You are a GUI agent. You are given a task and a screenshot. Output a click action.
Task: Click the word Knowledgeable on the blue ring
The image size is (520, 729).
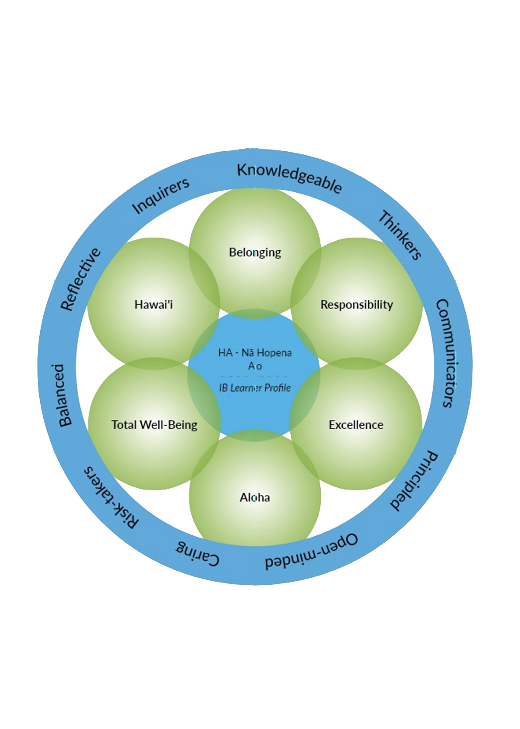[x=289, y=178]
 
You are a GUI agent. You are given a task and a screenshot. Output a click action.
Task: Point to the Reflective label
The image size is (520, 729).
[x=81, y=279]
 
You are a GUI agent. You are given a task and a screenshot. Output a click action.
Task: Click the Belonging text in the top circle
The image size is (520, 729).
[x=255, y=252]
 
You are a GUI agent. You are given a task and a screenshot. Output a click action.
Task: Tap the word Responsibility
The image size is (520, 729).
[x=357, y=304]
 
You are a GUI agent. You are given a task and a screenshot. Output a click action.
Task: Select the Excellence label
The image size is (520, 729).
[x=356, y=425]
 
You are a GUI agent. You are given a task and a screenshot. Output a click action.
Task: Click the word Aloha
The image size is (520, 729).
[x=255, y=497]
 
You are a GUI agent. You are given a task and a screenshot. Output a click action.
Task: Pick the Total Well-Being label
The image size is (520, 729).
[x=154, y=425]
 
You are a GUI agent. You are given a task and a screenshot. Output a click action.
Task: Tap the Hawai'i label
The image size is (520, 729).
[x=154, y=304]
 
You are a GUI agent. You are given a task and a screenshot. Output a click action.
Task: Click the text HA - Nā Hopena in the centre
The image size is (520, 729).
[x=255, y=353]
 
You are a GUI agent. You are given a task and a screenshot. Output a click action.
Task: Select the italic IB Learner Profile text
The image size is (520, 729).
[x=255, y=388]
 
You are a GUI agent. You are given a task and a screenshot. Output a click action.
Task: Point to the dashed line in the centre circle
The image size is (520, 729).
[x=255, y=376]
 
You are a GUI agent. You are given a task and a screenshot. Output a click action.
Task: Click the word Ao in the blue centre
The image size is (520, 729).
[x=255, y=366]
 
